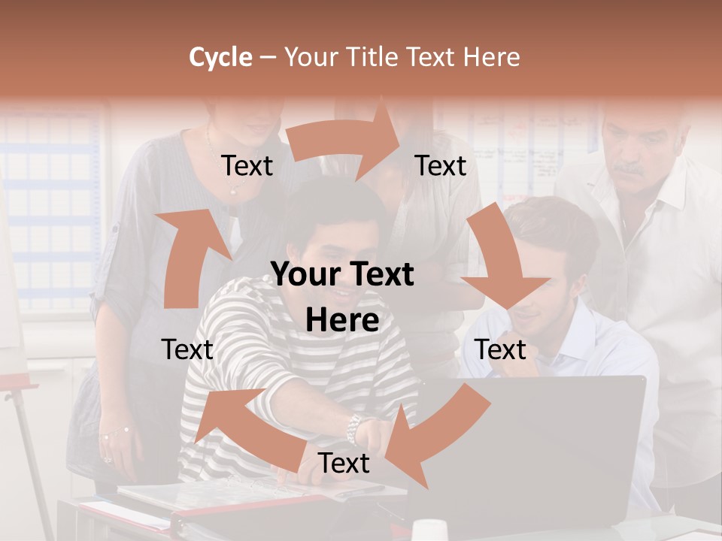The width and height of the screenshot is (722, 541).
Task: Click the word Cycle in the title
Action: click(x=220, y=57)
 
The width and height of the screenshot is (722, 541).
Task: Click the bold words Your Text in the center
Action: click(x=342, y=275)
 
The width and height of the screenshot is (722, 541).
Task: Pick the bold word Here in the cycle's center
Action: click(x=342, y=320)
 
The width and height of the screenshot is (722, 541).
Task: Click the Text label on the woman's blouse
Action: click(x=247, y=166)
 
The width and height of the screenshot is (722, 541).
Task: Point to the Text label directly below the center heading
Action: click(x=344, y=464)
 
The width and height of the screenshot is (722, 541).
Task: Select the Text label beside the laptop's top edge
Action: click(x=500, y=349)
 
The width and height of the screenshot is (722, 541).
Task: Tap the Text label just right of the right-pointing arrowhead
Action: click(x=441, y=166)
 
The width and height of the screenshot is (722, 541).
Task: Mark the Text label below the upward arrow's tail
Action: click(x=187, y=349)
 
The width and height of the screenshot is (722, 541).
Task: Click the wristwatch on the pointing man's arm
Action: click(x=353, y=429)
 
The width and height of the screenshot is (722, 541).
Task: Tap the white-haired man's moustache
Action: click(x=629, y=170)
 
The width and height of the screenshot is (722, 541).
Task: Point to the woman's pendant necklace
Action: click(x=233, y=191)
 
